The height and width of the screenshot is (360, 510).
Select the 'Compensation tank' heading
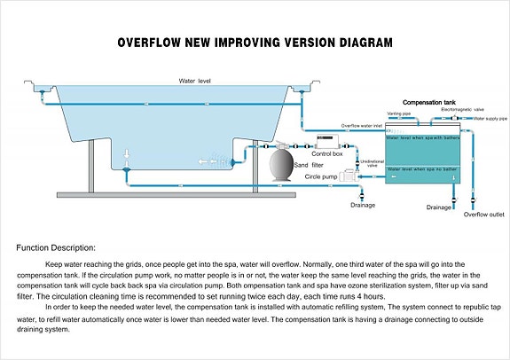click(429, 103)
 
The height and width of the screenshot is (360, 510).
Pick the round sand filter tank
click(284, 165)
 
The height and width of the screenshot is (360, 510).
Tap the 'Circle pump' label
click(322, 177)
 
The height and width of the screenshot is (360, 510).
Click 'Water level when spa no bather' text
click(421, 168)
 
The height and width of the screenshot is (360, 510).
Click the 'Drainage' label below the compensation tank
click(438, 207)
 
